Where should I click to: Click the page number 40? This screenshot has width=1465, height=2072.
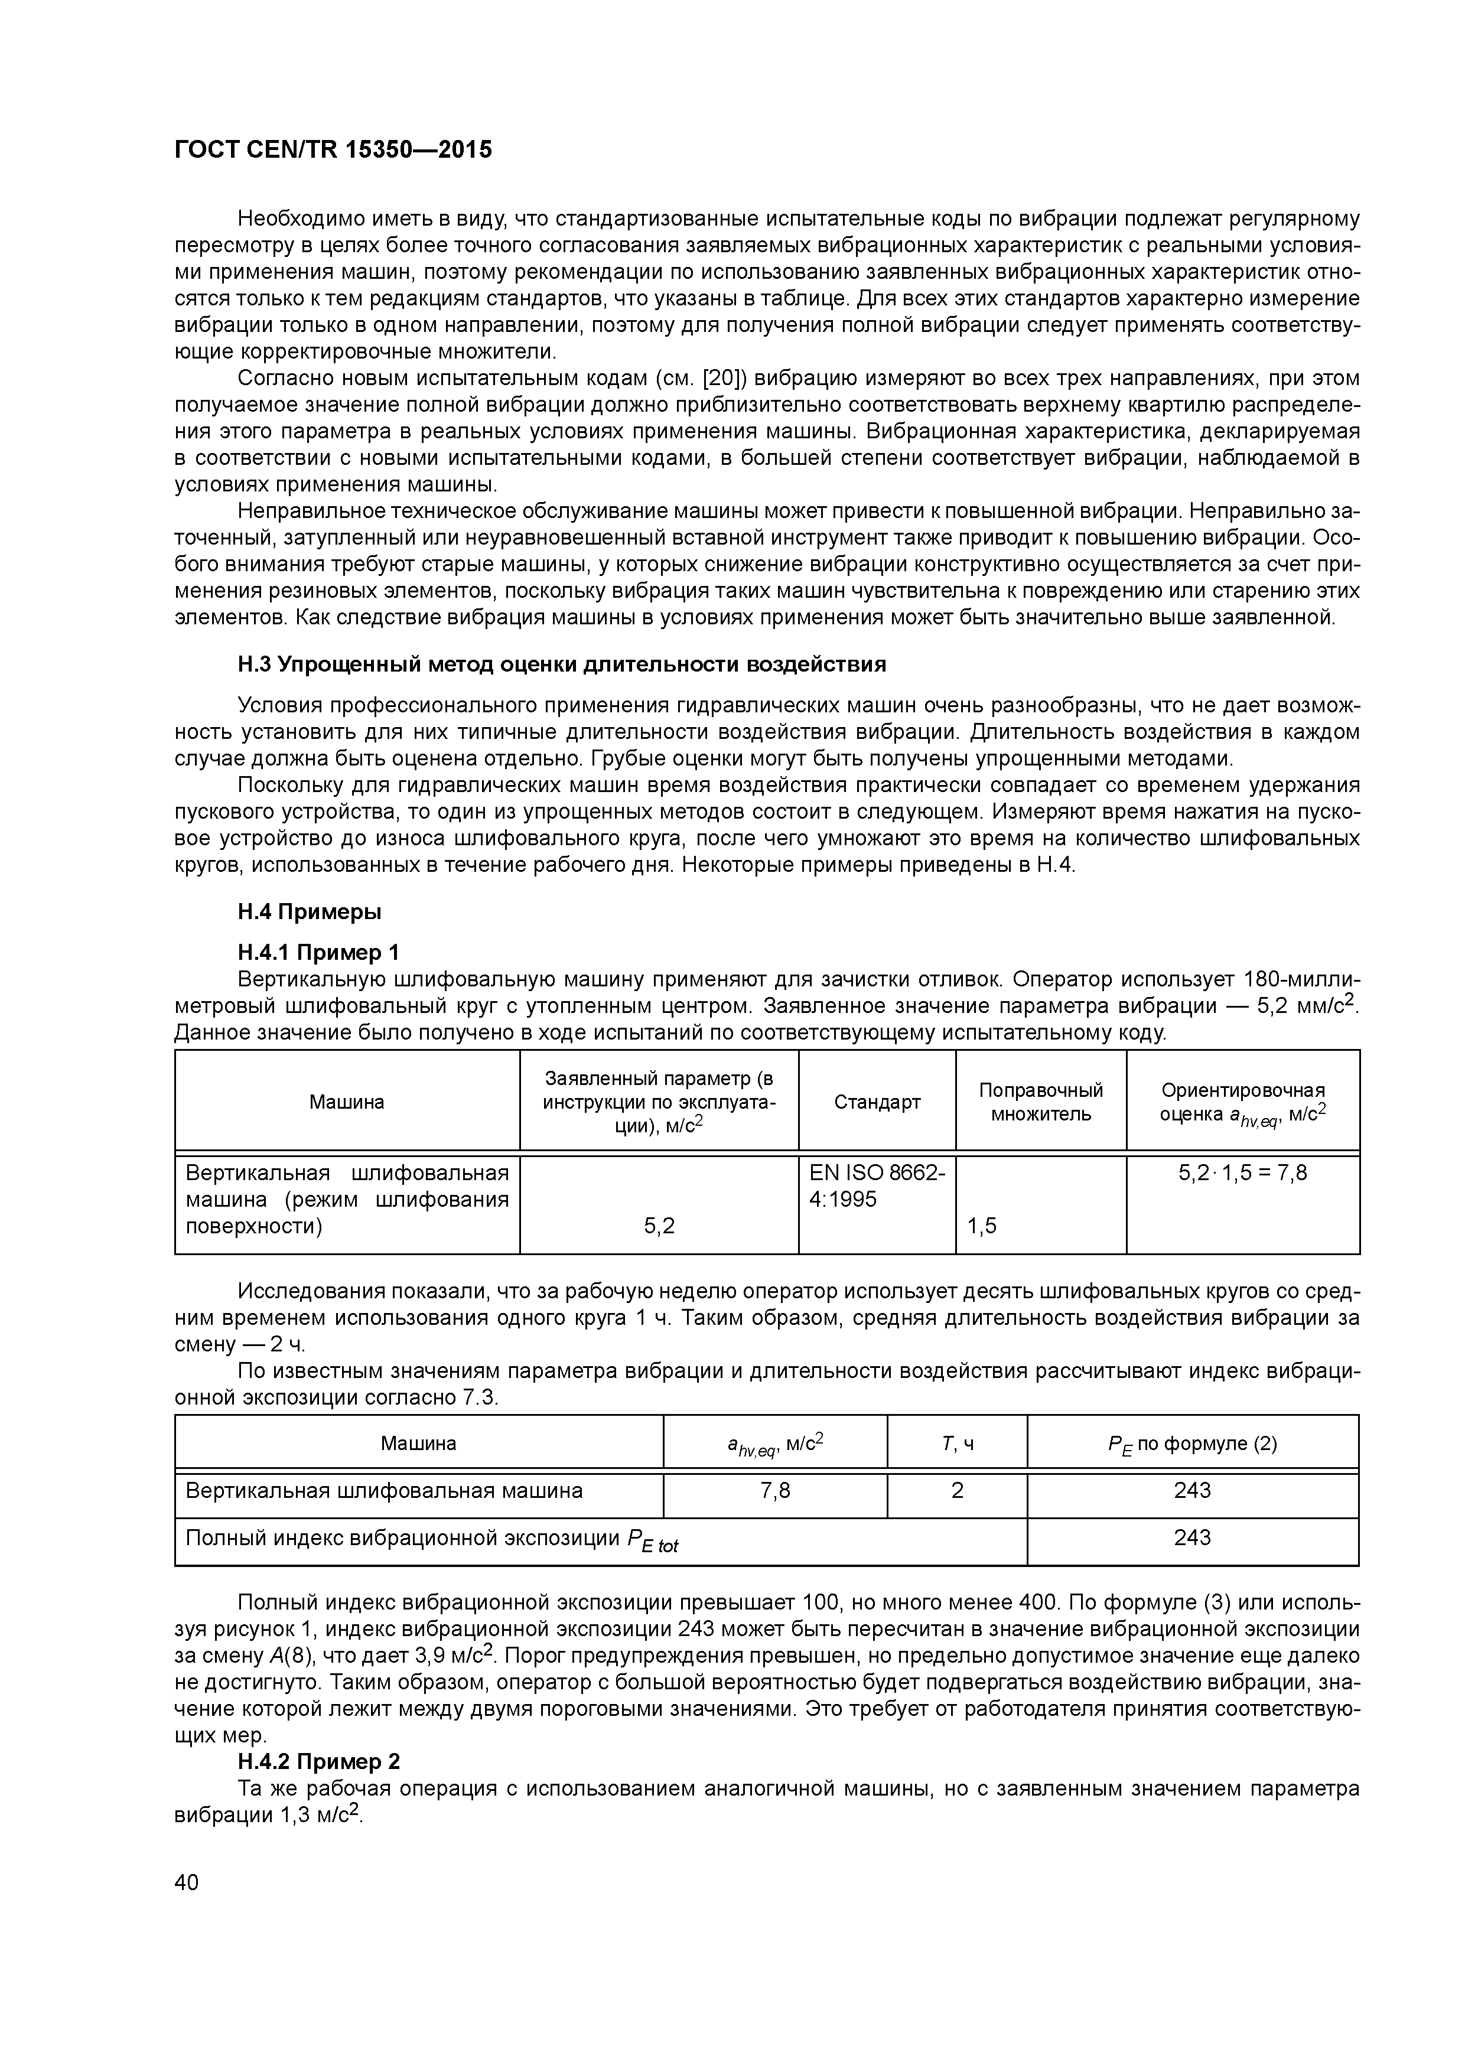tap(186, 1882)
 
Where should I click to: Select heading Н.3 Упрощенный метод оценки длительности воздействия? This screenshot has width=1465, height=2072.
tap(561, 664)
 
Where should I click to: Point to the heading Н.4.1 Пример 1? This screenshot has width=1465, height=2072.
tap(318, 952)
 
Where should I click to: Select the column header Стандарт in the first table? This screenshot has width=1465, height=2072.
tap(877, 1102)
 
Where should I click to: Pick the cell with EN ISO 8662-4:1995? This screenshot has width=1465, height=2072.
tap(877, 1186)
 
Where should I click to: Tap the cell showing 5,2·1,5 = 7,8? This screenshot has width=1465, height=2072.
tap(1242, 1173)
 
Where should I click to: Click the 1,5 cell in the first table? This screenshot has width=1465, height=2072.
tap(982, 1226)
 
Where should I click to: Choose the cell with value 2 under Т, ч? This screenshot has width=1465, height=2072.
tap(957, 1491)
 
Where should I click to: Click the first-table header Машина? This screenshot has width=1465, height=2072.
tap(347, 1102)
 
